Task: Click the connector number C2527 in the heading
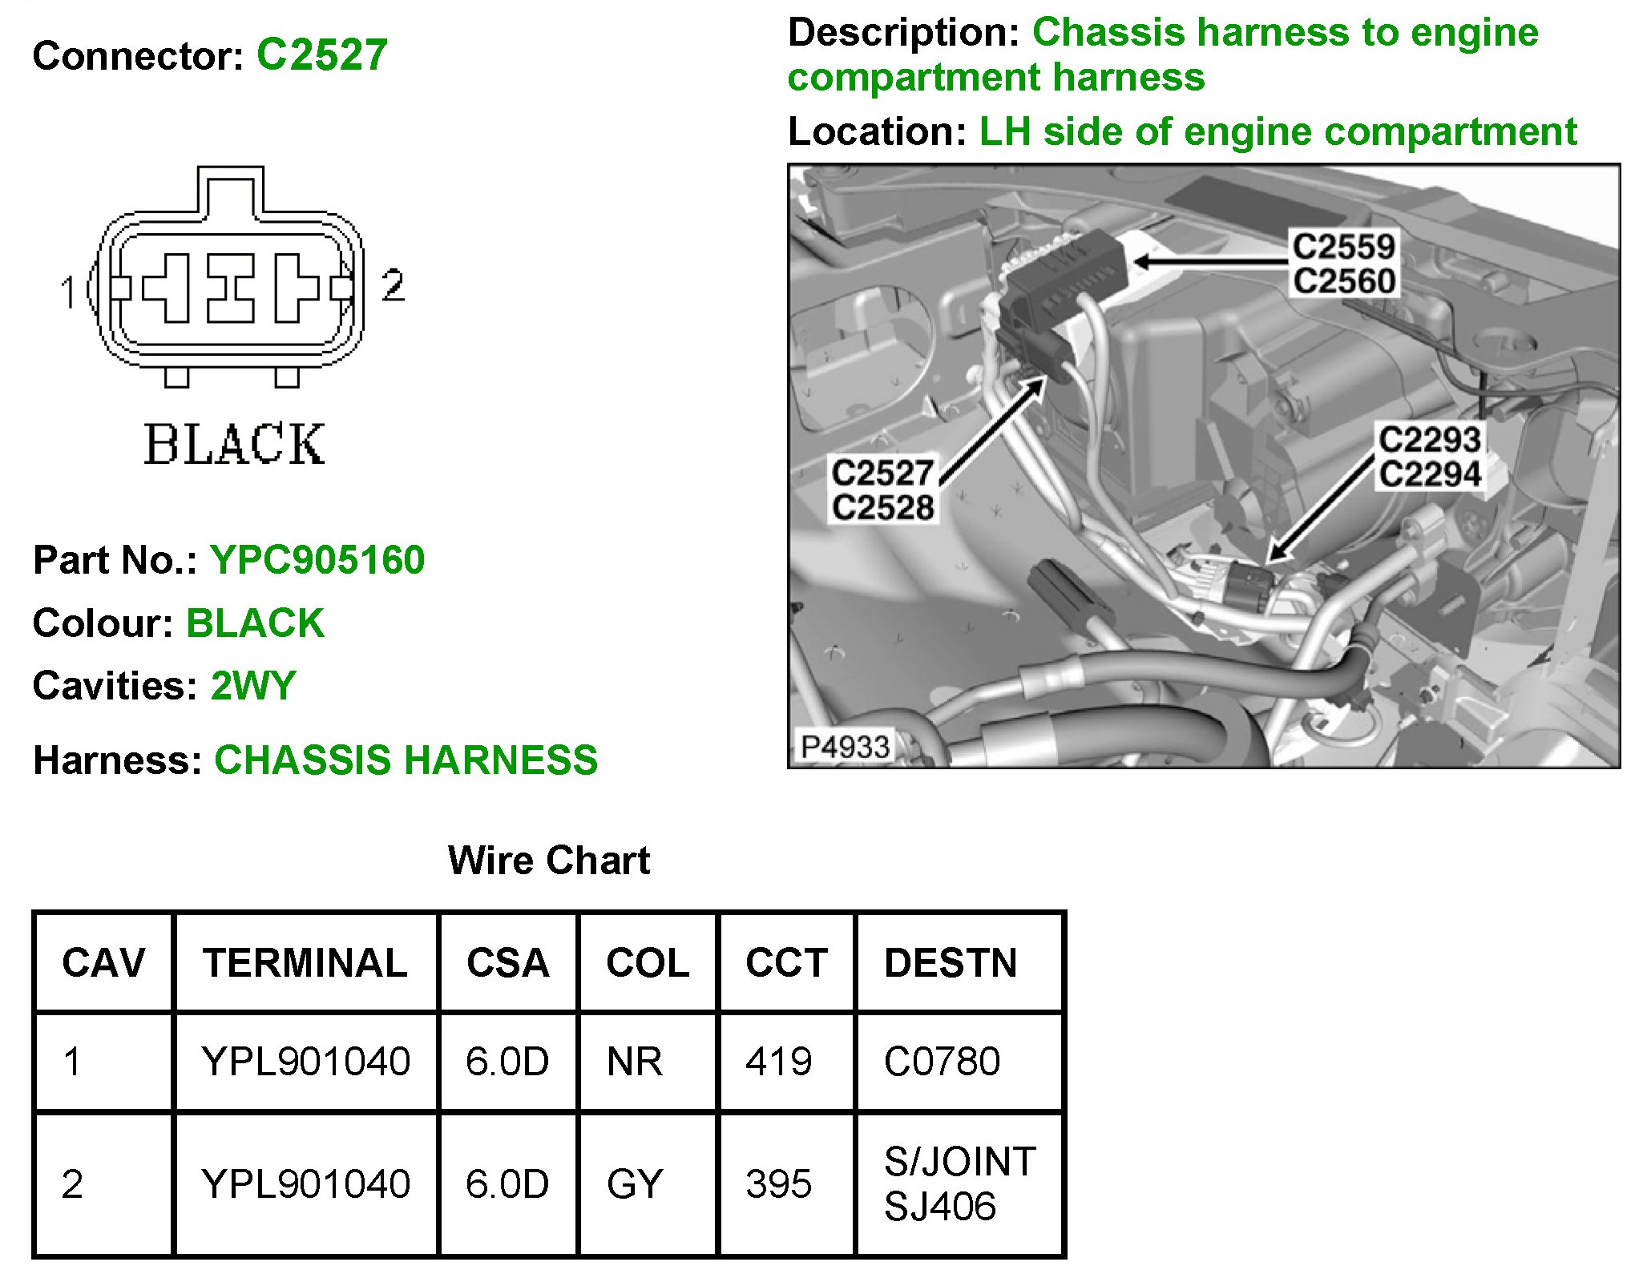321,55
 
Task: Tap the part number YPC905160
317,559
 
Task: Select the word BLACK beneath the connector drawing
234,445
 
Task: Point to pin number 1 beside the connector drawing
69,292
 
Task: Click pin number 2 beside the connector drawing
393,285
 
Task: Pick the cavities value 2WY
252,686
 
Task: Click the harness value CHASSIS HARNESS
406,760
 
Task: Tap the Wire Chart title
549,861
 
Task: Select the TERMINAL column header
305,962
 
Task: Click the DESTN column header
951,962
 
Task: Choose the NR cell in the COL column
635,1062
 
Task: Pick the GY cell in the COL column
635,1184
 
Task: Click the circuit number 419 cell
778,1062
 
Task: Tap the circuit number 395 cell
778,1184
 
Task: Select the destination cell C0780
942,1062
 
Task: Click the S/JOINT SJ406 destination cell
959,1184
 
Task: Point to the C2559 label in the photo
1344,246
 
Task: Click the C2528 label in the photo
882,507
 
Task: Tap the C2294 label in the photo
1429,474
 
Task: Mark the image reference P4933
846,747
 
